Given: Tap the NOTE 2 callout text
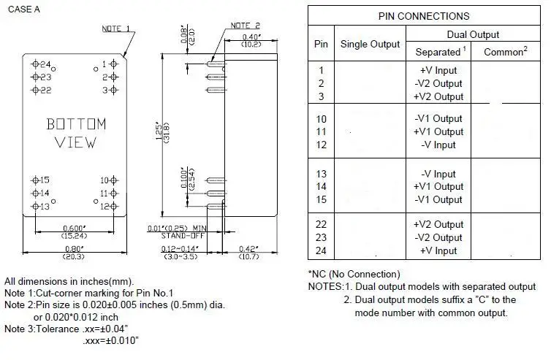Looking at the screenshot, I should click(x=245, y=26).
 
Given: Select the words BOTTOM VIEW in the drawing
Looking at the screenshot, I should click(x=76, y=133).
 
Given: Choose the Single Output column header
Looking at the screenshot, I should click(x=370, y=44).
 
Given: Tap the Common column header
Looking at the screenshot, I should click(x=503, y=52).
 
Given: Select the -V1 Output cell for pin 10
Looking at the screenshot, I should click(x=438, y=118).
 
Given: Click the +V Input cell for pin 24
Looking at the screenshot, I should click(x=438, y=250).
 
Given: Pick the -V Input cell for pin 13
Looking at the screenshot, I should click(x=438, y=174).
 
